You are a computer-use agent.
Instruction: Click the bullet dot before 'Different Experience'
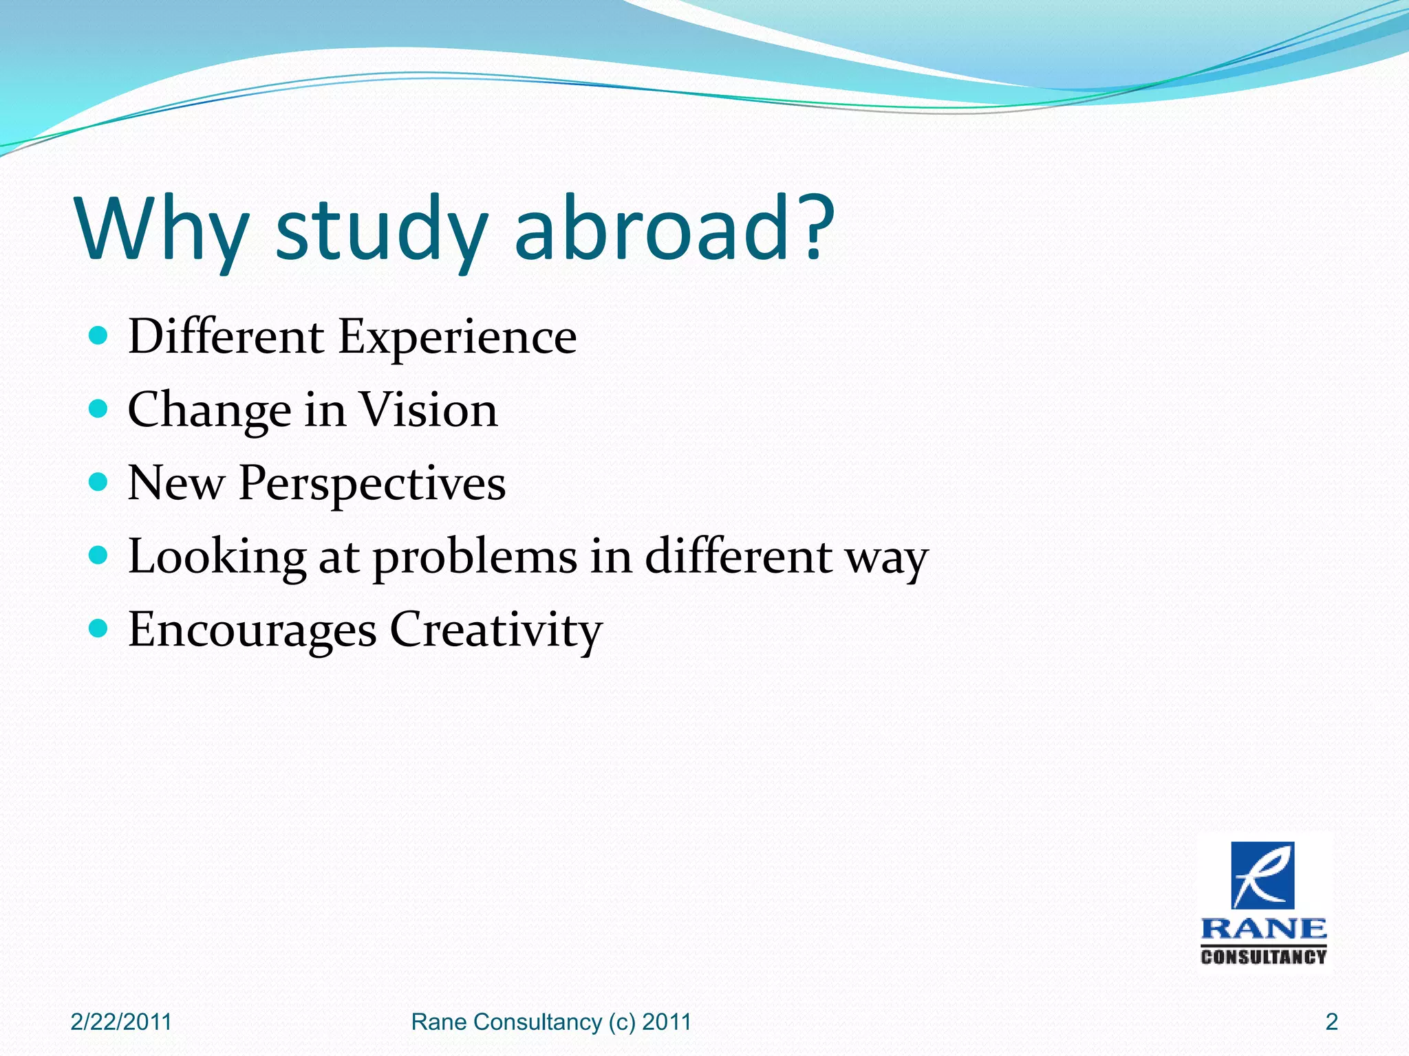coord(99,335)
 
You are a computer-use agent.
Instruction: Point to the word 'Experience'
coord(458,338)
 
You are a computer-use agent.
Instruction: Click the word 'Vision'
coord(429,410)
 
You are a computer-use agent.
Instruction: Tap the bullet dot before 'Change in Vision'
coord(99,409)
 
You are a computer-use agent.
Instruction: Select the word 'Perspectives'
coord(372,484)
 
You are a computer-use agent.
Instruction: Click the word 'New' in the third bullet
coord(176,483)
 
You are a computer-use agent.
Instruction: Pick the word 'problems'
coord(475,558)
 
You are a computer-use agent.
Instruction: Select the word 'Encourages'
coord(252,631)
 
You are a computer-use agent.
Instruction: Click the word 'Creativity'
coord(496,631)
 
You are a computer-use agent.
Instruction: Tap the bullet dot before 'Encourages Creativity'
coord(99,628)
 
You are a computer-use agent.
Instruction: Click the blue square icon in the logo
coord(1262,875)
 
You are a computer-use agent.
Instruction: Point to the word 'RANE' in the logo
coord(1263,929)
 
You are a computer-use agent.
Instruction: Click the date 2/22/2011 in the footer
coord(121,1022)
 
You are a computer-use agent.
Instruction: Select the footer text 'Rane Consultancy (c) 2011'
coord(551,1022)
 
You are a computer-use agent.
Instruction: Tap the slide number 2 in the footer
coord(1331,1022)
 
